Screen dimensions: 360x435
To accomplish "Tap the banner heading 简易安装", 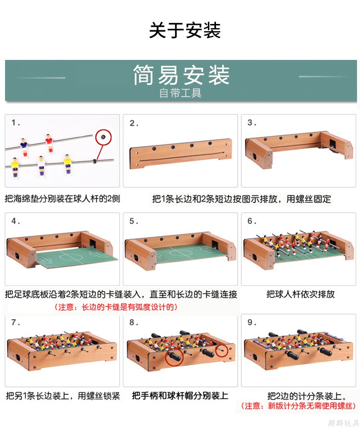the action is click(181, 75).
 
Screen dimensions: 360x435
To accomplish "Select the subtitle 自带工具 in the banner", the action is click(180, 93).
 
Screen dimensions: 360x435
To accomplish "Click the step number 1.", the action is click(15, 123).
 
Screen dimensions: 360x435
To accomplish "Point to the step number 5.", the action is click(133, 221).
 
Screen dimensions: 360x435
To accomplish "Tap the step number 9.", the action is click(252, 322).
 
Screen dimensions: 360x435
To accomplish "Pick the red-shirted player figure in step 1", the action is click(49, 143).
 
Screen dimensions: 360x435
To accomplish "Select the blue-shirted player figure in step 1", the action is click(24, 147).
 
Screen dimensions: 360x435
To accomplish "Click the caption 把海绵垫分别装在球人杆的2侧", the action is click(62, 199).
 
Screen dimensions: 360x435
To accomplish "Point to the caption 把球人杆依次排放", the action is click(300, 294).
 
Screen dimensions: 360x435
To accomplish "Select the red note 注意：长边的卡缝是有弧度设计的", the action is click(116, 307).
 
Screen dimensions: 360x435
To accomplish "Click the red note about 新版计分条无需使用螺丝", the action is click(298, 406).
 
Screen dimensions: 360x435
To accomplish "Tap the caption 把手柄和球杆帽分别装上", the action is click(180, 396).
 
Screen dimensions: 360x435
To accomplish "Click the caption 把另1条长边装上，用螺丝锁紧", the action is click(63, 396).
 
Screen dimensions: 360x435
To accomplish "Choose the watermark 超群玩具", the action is click(343, 423).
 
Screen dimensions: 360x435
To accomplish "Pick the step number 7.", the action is click(15, 322).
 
